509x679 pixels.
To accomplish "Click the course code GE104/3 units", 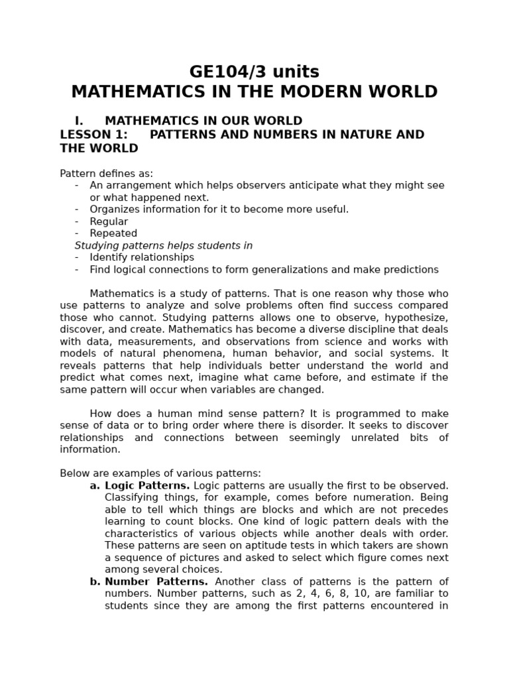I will [254, 72].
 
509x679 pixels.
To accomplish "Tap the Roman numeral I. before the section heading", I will [79, 121].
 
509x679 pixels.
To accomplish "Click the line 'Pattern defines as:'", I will [106, 174].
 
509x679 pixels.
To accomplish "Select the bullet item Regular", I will [109, 221].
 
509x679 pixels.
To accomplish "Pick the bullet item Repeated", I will [113, 233].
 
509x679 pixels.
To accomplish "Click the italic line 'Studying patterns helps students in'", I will [164, 245].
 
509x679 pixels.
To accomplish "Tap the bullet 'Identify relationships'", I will [142, 257].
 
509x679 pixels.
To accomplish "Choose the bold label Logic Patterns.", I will [147, 485].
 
